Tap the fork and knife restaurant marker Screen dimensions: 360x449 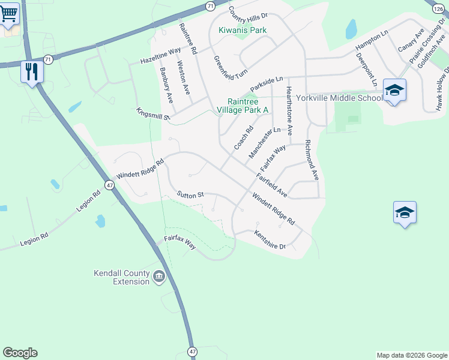click(31, 71)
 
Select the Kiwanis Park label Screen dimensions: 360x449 click(243, 30)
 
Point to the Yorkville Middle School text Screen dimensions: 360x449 click(343, 98)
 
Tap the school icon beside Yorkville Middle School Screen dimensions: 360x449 click(394, 91)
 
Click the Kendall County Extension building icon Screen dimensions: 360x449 click(159, 277)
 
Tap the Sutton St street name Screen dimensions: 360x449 click(191, 194)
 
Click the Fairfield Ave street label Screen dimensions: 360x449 click(272, 185)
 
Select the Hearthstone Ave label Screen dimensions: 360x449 click(289, 110)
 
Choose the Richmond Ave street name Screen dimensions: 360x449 click(311, 160)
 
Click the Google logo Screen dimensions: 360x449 click(20, 353)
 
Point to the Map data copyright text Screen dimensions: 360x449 click(411, 355)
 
